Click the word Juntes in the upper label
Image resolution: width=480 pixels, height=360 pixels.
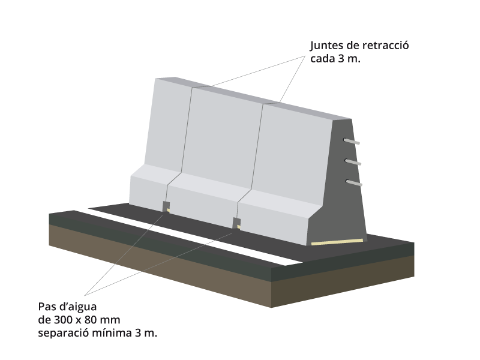click(x=326, y=46)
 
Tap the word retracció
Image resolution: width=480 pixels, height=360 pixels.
click(x=385, y=46)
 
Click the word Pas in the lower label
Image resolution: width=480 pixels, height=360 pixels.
click(x=46, y=307)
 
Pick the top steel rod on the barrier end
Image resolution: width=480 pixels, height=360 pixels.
click(x=352, y=142)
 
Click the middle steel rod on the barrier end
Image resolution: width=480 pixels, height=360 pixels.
click(x=353, y=162)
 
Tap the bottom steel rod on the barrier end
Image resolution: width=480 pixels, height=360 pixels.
click(x=354, y=183)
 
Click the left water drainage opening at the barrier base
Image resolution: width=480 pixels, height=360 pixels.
click(x=166, y=206)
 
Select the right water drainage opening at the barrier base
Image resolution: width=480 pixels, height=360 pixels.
click(x=236, y=223)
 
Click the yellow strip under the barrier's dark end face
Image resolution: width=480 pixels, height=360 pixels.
click(x=337, y=242)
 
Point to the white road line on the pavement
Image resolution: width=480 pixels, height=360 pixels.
click(x=193, y=236)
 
